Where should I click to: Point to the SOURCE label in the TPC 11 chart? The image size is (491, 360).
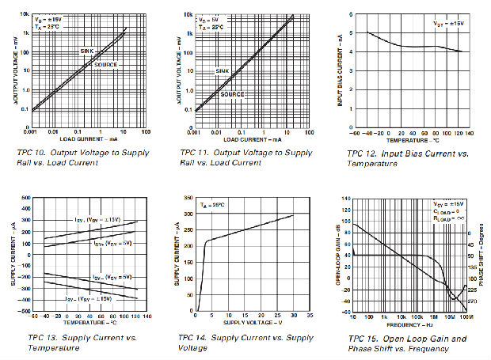pyautogui.click(x=232, y=94)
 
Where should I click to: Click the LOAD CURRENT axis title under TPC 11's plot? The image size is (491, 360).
pyautogui.click(x=244, y=140)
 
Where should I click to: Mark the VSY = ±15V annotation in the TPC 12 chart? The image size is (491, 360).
pyautogui.click(x=447, y=25)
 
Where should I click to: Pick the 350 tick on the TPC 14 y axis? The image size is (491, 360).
pyautogui.click(x=188, y=197)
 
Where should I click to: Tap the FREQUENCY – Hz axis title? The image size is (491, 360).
pyautogui.click(x=409, y=324)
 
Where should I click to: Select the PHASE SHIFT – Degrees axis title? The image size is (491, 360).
pyautogui.click(x=482, y=253)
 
